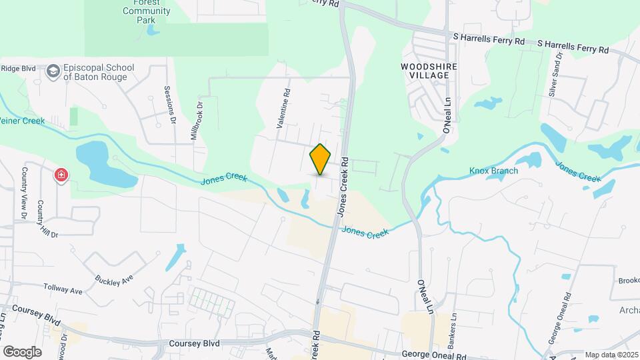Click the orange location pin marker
(x=321, y=159)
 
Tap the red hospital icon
(x=61, y=175)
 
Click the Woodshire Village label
(x=425, y=71)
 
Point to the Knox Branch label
(x=493, y=171)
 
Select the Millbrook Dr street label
(x=197, y=121)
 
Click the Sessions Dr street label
(x=169, y=105)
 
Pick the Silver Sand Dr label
(x=555, y=75)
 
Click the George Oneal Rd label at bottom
(x=434, y=356)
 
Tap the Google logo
(x=22, y=351)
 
